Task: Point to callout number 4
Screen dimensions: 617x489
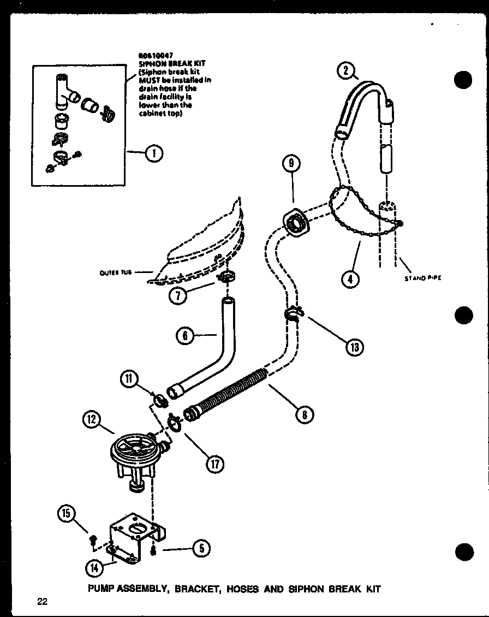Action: pos(350,279)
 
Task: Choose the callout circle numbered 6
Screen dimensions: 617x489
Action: pos(186,336)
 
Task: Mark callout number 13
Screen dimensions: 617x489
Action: pos(355,346)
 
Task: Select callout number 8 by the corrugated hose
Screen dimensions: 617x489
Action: pos(304,415)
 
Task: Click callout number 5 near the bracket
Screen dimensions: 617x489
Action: pos(201,548)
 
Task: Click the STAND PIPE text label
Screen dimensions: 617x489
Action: pos(422,278)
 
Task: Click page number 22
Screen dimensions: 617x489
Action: pos(43,602)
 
